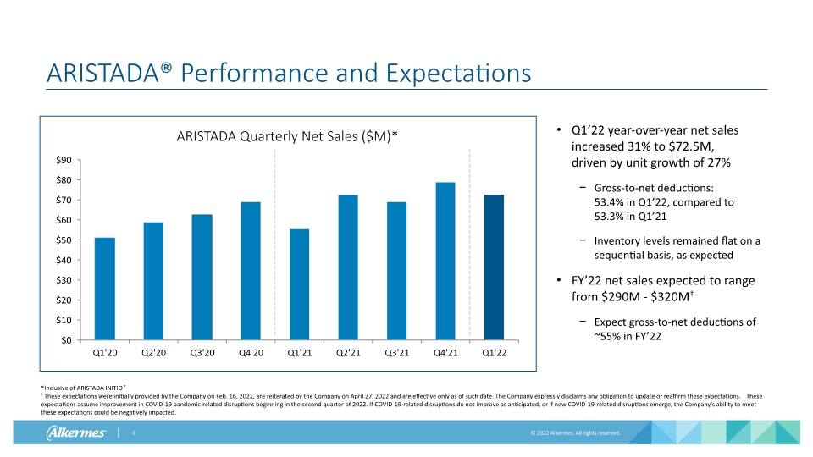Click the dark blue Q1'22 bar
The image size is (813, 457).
click(x=494, y=267)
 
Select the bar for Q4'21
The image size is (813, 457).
click(x=445, y=262)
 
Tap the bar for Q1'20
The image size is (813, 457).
click(x=105, y=289)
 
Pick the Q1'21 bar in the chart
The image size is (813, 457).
click(x=299, y=284)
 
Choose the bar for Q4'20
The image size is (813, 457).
click(x=251, y=271)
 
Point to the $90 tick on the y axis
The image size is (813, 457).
click(x=64, y=160)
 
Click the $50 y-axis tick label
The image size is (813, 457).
click(x=64, y=240)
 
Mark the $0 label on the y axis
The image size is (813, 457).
click(x=66, y=340)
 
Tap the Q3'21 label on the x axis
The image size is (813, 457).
click(x=396, y=353)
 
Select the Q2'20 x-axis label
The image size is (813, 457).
click(x=153, y=353)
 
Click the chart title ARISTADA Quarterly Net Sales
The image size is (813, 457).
click(x=287, y=136)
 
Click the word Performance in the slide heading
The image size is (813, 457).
click(x=254, y=73)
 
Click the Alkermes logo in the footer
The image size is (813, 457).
click(x=76, y=432)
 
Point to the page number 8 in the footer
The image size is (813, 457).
click(x=134, y=432)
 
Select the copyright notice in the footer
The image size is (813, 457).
click(x=575, y=432)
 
